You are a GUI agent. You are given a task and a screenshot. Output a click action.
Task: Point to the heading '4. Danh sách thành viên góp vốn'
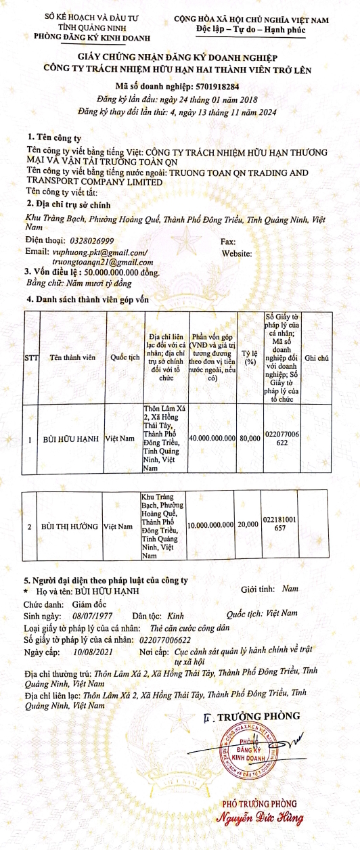coord(86,298)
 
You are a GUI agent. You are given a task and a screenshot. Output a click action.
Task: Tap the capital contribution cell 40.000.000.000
coord(212,439)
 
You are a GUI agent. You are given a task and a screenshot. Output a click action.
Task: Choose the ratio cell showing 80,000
coord(250,439)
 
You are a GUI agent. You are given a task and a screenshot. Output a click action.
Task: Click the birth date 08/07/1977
coord(92,617)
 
